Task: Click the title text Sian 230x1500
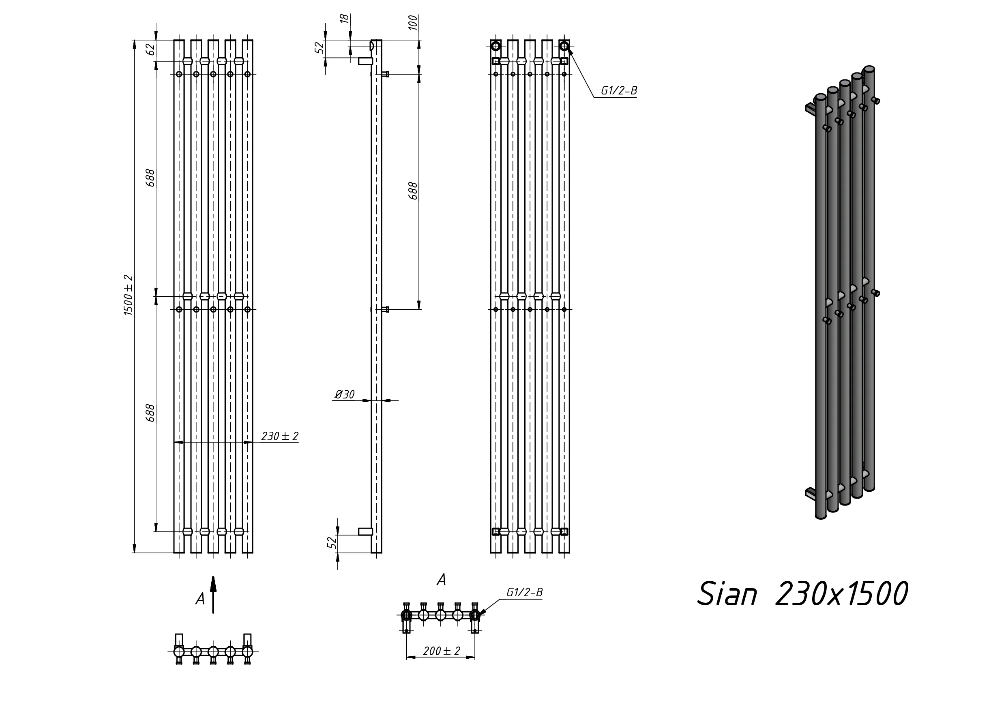[802, 595]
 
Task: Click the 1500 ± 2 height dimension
[128, 295]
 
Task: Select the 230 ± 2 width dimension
[279, 436]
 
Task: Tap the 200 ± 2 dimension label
[441, 651]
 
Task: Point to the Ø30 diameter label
[345, 395]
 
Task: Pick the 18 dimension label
[345, 19]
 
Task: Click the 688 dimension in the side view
[413, 191]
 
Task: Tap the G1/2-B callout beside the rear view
[618, 91]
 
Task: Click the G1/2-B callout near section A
[524, 593]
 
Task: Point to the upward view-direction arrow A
[213, 595]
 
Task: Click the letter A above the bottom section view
[441, 580]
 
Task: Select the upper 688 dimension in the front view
[150, 178]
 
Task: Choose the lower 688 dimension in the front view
[150, 413]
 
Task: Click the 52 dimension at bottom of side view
[332, 543]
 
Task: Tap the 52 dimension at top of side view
[321, 47]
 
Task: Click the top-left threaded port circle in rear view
[495, 45]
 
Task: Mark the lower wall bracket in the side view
[365, 531]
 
